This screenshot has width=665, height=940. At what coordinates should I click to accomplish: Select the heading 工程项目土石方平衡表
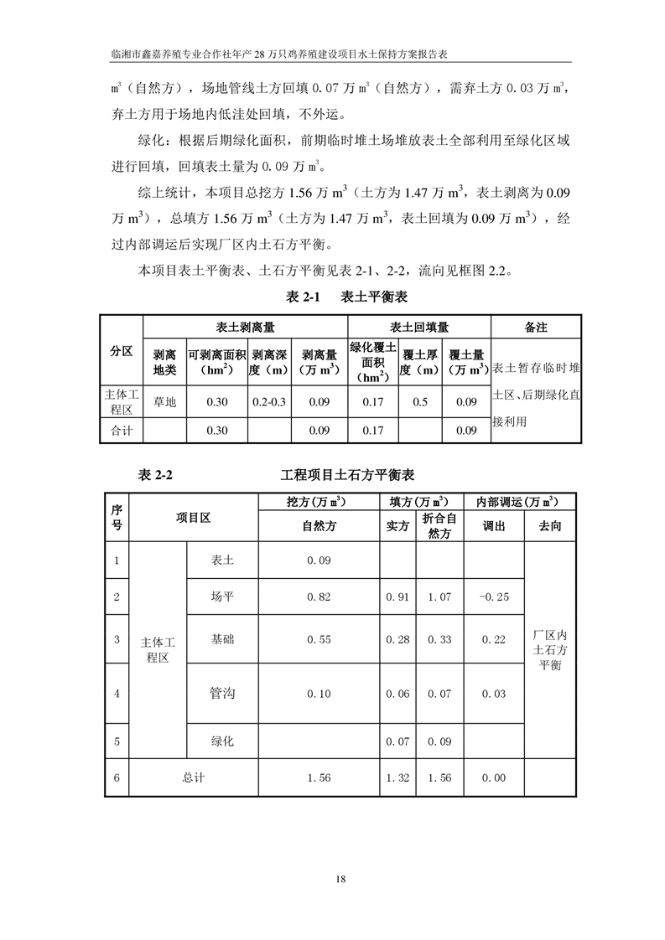coord(348,475)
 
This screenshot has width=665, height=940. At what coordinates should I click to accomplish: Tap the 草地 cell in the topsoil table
coord(164,402)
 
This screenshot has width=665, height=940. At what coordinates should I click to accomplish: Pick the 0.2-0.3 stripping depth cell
coord(269,402)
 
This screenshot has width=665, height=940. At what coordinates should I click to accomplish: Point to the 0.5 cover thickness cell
coord(420,402)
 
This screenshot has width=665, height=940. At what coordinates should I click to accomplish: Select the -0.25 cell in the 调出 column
coord(493,597)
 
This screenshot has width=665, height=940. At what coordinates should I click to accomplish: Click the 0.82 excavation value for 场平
coord(319,597)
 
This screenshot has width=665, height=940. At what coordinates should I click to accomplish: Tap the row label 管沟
coord(222,694)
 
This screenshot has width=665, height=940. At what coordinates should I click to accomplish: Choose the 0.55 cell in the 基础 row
coord(319,639)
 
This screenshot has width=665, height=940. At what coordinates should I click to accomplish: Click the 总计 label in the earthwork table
coord(193,777)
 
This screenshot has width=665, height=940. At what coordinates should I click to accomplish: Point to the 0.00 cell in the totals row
coord(493,777)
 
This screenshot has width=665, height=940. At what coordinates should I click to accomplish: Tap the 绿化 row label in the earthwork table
coord(222,741)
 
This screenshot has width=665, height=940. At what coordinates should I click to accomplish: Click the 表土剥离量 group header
coord(246,328)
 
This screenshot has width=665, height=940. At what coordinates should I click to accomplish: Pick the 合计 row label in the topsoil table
coord(122,431)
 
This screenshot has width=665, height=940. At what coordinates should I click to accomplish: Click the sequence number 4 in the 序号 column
coord(117,694)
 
